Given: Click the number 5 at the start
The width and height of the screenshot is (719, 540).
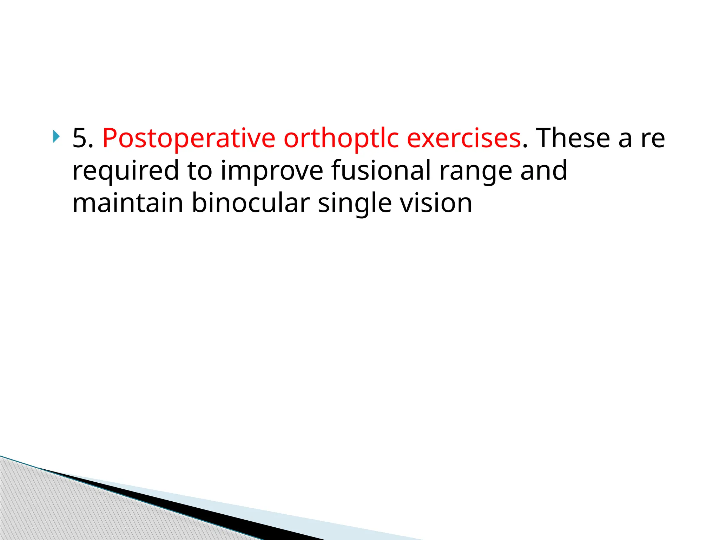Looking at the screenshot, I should click(80, 138).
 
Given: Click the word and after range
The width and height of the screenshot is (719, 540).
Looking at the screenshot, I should click(543, 170).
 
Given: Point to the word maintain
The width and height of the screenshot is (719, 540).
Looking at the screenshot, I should click(128, 203).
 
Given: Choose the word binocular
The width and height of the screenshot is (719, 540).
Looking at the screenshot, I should click(250, 203).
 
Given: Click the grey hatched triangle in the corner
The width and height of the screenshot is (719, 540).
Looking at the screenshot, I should click(53, 510).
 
